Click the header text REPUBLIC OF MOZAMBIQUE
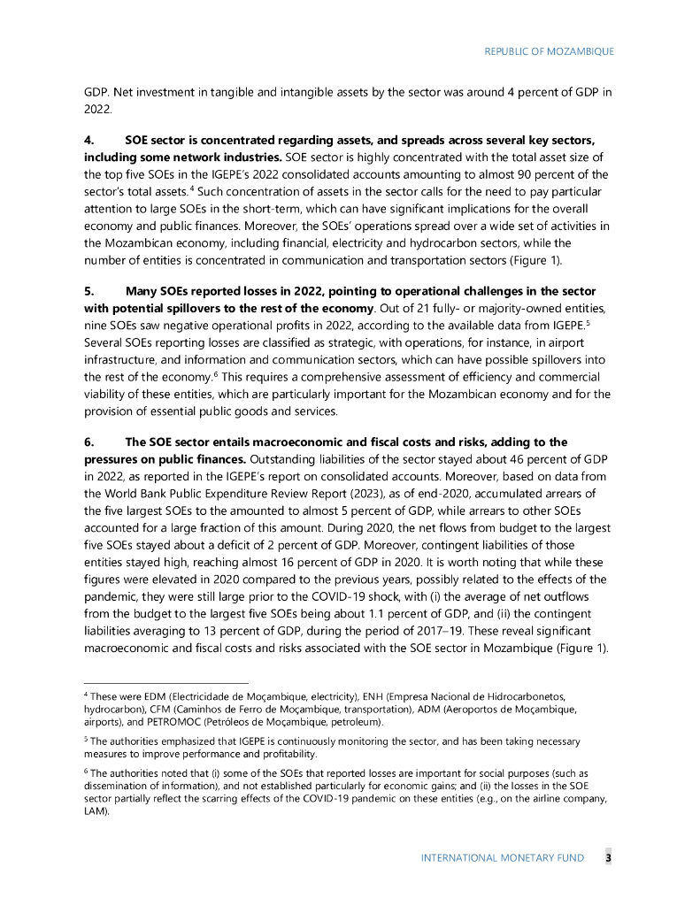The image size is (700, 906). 549,51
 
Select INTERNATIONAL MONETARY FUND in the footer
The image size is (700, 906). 502,859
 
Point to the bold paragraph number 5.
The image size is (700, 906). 88,291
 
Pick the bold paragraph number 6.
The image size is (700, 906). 88,441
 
